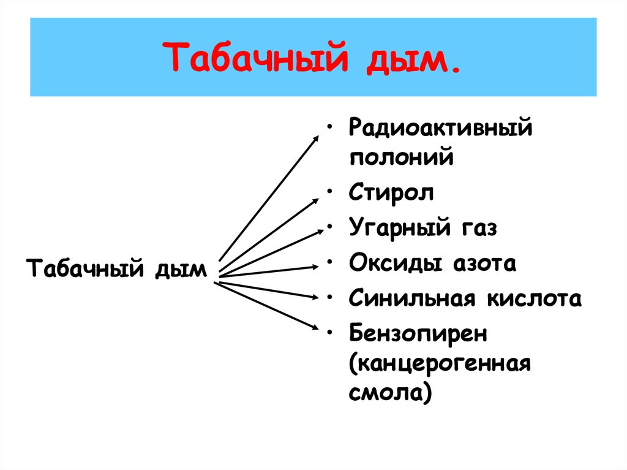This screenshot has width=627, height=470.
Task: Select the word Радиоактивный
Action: click(x=439, y=130)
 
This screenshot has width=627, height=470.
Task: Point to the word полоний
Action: click(x=402, y=157)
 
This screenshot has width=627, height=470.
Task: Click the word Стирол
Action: click(x=391, y=192)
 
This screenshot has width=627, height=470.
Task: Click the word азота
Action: click(x=484, y=263)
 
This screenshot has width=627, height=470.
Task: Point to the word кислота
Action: click(x=534, y=299)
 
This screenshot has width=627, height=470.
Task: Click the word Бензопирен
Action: click(x=418, y=335)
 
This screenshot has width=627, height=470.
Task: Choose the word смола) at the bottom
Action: click(x=390, y=391)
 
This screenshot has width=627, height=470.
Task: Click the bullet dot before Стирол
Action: click(x=331, y=194)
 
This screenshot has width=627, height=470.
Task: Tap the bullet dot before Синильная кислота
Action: click(x=331, y=300)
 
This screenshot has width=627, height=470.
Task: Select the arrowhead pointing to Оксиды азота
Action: click(x=315, y=267)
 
